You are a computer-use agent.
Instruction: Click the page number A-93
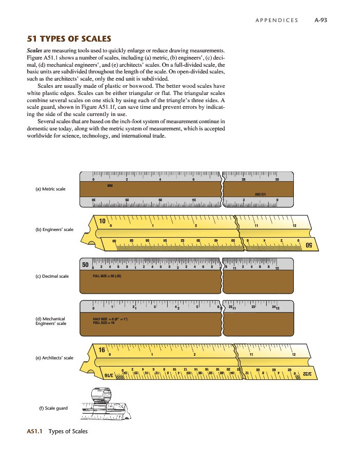321,20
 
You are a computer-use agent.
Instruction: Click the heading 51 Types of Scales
69,39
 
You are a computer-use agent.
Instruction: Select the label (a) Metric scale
51,189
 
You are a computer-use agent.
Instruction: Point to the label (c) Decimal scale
52,276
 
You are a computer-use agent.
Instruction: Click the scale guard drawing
102,402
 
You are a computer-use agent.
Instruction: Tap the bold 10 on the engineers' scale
103,222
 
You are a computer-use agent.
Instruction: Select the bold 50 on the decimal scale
86,264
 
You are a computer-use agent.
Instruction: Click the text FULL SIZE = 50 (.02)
106,276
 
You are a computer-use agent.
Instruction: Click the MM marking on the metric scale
110,185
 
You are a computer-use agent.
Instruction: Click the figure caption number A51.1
35,431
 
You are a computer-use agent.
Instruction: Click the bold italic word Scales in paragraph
35,51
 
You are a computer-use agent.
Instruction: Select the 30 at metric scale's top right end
277,180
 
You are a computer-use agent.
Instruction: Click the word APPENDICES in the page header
276,20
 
